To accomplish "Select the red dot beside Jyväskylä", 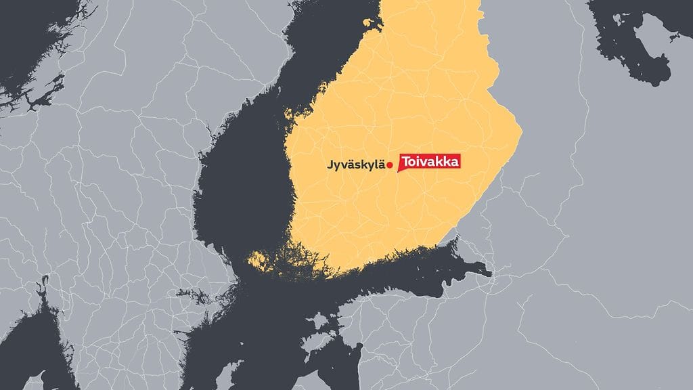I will [390, 165].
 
